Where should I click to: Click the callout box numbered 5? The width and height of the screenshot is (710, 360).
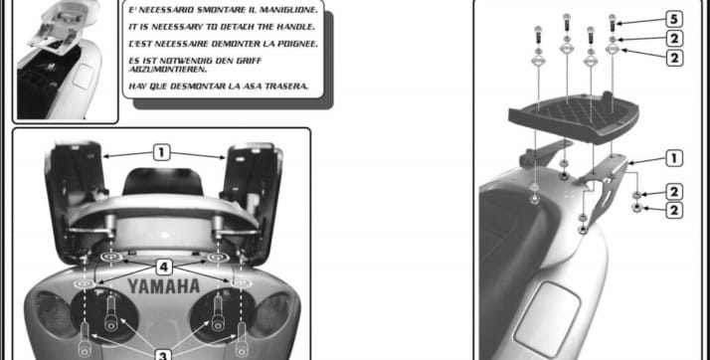[x=674, y=20]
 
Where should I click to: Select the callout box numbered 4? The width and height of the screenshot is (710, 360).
[x=164, y=268]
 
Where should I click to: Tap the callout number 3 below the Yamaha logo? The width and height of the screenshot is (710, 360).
[x=163, y=355]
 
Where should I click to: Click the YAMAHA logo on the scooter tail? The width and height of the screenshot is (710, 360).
[x=163, y=286]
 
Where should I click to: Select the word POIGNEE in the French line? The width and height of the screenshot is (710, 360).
[x=295, y=44]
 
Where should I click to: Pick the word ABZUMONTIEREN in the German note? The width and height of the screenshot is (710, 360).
[x=168, y=70]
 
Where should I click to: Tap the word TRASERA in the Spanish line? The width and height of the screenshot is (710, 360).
[x=288, y=86]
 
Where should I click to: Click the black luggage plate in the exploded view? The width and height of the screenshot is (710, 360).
[x=574, y=117]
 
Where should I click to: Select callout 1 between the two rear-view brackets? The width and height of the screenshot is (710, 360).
[x=162, y=152]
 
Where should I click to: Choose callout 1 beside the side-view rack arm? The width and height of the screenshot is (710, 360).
[x=674, y=158]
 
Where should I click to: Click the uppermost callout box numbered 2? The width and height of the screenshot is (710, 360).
[x=674, y=39]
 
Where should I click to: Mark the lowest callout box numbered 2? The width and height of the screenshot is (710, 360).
[x=674, y=211]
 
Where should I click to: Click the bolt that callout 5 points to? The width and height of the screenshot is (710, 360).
[x=613, y=23]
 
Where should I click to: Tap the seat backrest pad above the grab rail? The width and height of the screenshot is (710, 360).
[x=163, y=181]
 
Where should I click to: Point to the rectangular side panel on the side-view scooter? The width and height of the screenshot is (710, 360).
[x=547, y=319]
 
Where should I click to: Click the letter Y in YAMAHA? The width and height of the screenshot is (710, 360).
[x=133, y=286]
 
